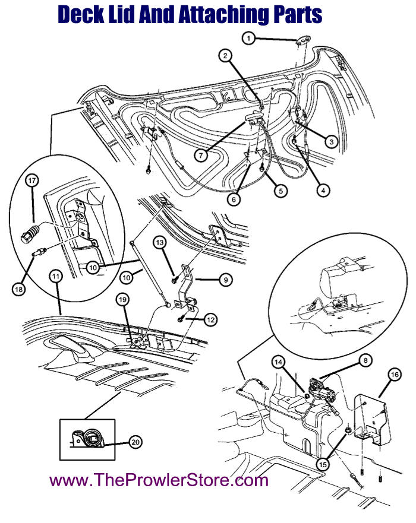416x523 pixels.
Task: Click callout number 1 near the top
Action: (x=249, y=38)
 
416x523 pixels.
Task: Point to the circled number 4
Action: (x=323, y=191)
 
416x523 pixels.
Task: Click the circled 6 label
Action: (x=234, y=199)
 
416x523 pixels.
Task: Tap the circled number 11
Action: (x=56, y=277)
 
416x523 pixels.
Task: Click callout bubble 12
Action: (x=210, y=319)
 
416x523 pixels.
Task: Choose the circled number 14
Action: (x=279, y=361)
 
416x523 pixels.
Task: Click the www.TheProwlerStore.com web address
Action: (x=159, y=480)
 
